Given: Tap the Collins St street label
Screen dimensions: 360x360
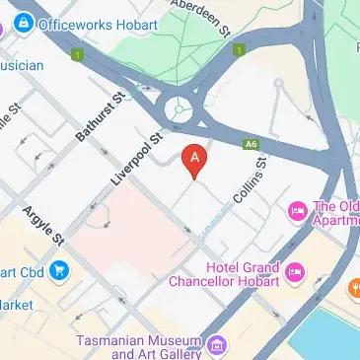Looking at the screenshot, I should (x=248, y=185).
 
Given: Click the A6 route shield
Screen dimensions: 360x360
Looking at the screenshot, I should (x=251, y=143).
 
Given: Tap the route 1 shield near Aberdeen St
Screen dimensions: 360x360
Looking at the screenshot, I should (x=237, y=48).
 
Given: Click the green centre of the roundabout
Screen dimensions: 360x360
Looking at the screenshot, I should (x=179, y=109).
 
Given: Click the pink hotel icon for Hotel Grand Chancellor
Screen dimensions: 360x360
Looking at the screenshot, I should (x=293, y=269).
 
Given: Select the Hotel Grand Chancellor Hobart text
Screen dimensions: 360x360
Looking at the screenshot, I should (x=243, y=274).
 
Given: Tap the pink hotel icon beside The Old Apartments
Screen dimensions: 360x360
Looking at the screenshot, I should (x=295, y=210).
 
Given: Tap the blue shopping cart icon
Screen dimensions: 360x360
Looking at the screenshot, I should (x=60, y=268).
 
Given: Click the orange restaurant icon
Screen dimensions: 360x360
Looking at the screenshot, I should (x=351, y=289).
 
